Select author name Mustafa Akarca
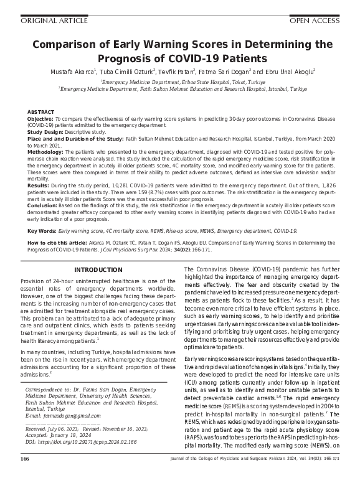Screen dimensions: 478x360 72,73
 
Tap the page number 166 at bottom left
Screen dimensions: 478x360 25,459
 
